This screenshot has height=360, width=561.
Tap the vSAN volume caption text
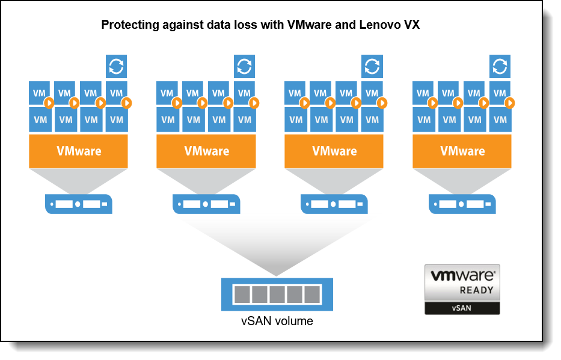(277, 321)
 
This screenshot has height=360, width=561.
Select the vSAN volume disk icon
(277, 294)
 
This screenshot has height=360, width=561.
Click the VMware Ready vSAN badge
(462, 289)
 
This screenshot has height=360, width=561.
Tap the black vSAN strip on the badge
(462, 308)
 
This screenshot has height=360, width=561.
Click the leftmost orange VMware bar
(79, 151)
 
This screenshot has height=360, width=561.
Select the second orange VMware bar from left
(206, 151)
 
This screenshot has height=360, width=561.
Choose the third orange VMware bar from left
(334, 151)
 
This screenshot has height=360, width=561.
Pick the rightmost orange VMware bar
(462, 151)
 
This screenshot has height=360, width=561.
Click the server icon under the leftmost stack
(79, 204)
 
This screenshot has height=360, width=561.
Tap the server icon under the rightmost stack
(462, 204)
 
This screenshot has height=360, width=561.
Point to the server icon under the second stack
(206, 204)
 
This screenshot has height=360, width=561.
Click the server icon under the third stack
(334, 204)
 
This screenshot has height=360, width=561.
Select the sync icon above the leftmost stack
(116, 66)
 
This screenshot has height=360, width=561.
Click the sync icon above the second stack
(244, 66)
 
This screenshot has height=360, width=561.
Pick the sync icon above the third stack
(372, 66)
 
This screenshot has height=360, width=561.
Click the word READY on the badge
(477, 290)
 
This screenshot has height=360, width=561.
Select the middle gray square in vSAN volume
(277, 294)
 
